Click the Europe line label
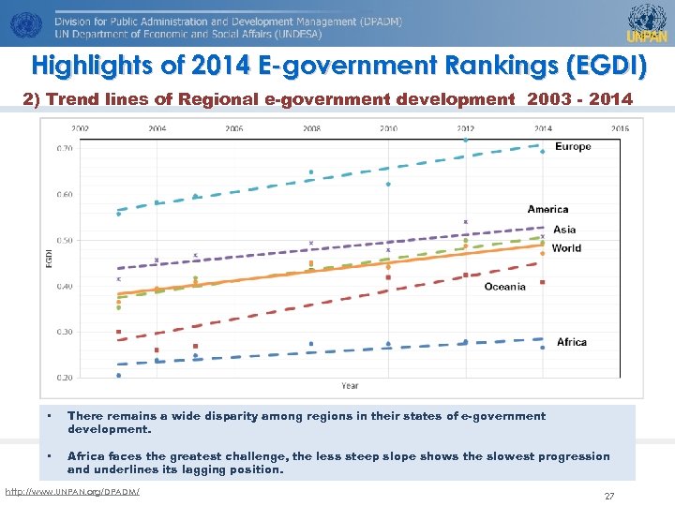(573, 147)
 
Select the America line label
(547, 210)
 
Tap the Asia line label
(564, 230)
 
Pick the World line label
(566, 248)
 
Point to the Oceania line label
(504, 287)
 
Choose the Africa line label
(571, 342)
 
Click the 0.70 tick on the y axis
(65, 149)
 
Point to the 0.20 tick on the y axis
(65, 378)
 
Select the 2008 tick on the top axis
(311, 128)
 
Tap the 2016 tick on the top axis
(620, 128)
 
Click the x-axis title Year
(350, 386)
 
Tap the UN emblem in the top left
(22, 23)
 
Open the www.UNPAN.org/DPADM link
(72, 492)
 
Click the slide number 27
(609, 497)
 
